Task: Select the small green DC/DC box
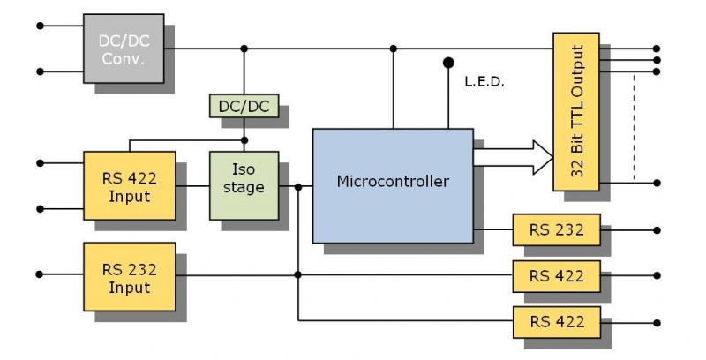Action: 244,106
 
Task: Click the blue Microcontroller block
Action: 392,183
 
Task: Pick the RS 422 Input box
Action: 129,185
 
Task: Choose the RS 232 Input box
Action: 129,276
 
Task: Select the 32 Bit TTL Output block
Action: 575,111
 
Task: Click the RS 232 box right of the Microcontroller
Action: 556,230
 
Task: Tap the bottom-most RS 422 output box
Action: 556,319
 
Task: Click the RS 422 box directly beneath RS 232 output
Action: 556,275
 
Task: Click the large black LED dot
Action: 448,63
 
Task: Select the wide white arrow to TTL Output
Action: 512,157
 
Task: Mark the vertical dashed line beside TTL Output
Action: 634,124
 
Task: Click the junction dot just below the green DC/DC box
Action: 244,139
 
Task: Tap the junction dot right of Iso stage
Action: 298,186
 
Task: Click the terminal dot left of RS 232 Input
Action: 40,275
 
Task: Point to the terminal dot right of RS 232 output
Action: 657,230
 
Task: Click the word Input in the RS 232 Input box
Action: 129,288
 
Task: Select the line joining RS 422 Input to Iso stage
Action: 192,186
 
